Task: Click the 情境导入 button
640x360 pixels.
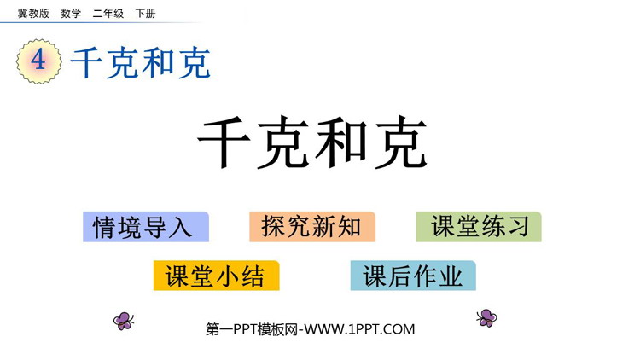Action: pyautogui.click(x=146, y=227)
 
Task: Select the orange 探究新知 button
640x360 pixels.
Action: pyautogui.click(x=312, y=227)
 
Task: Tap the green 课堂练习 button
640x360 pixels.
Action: pyautogui.click(x=479, y=227)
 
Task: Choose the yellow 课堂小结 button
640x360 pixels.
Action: pyautogui.click(x=217, y=276)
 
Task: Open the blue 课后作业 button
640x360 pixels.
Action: pyautogui.click(x=413, y=276)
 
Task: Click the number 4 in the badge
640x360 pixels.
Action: pyautogui.click(x=38, y=61)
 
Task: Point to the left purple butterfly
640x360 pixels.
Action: pyautogui.click(x=123, y=321)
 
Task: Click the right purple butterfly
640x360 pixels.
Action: pyautogui.click(x=486, y=317)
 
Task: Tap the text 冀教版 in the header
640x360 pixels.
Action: pyautogui.click(x=33, y=14)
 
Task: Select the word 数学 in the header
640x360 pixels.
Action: pyautogui.click(x=71, y=14)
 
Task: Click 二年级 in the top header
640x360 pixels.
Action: pyautogui.click(x=108, y=14)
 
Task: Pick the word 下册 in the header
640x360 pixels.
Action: pyautogui.click(x=146, y=14)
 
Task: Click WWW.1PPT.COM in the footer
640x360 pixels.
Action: pyautogui.click(x=359, y=329)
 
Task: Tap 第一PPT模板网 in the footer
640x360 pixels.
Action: pyautogui.click(x=252, y=329)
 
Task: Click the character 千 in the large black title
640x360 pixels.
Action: pyautogui.click(x=224, y=142)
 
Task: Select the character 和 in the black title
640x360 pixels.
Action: pyautogui.click(x=341, y=142)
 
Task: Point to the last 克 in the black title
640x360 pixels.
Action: pyautogui.click(x=401, y=142)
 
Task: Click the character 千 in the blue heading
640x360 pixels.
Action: pyautogui.click(x=86, y=62)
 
